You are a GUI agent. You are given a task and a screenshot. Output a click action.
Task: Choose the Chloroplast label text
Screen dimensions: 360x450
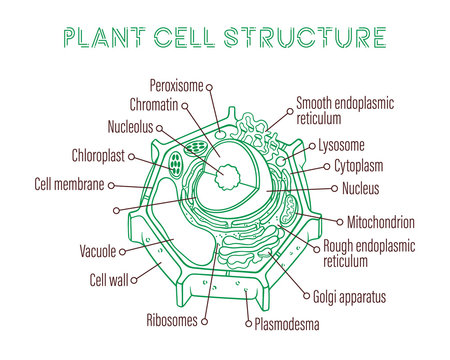[x=103, y=156]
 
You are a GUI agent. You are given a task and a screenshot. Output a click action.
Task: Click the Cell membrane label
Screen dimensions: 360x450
[x=68, y=184]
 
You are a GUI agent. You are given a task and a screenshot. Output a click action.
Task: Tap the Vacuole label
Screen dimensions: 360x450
[x=99, y=250]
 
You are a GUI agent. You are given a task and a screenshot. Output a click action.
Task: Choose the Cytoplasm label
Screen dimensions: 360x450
[x=361, y=166]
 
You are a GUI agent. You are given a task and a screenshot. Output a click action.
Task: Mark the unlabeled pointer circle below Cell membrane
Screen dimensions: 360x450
[x=118, y=210]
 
